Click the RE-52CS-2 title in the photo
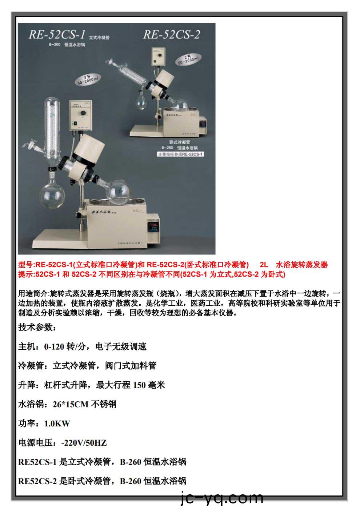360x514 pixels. [x=172, y=35]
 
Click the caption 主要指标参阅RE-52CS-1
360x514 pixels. [x=180, y=154]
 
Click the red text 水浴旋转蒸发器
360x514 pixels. [x=302, y=265]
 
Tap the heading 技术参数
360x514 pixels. [x=37, y=327]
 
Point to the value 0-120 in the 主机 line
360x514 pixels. [x=54, y=346]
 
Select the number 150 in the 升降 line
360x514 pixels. [x=139, y=385]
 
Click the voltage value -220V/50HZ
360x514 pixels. [x=84, y=443]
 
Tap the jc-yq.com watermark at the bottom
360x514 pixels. [x=222, y=498]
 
